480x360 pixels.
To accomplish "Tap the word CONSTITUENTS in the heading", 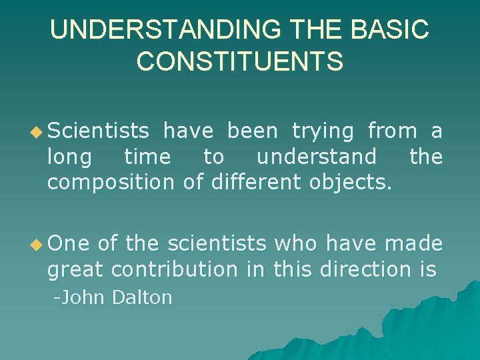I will tap(240, 61).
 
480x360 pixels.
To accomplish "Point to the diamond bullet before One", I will tap(37, 245).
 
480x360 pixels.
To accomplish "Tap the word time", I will tap(147, 157).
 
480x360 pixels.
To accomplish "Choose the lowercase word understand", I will tap(317, 157).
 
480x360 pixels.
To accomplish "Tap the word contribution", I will tap(174, 269).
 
